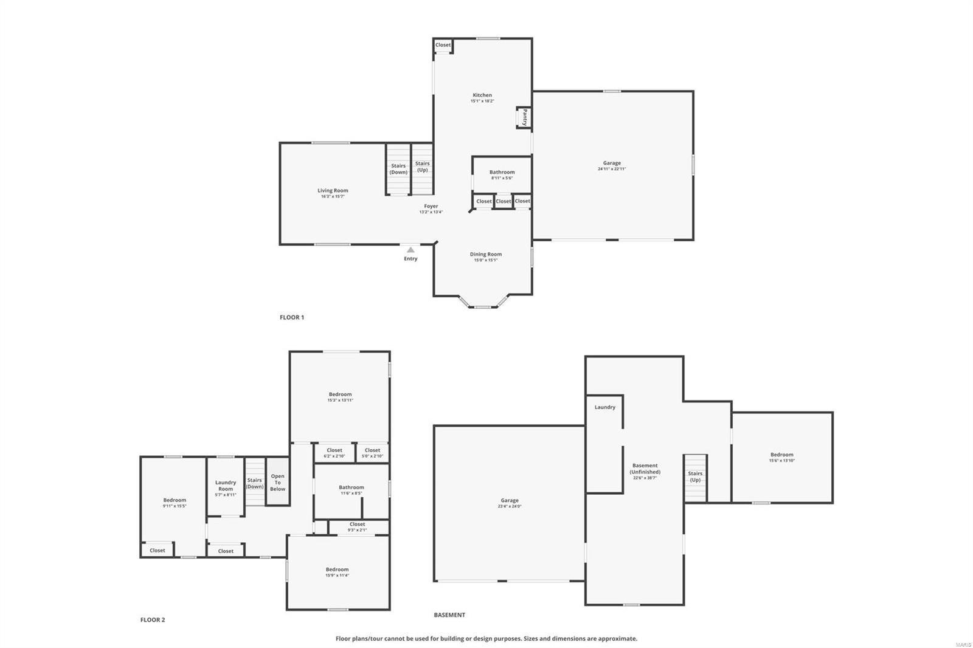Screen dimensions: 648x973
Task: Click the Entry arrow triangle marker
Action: (410, 250)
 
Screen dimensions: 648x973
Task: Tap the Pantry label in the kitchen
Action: (524, 117)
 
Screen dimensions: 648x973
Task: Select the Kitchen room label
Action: (482, 95)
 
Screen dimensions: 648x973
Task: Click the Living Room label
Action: (333, 190)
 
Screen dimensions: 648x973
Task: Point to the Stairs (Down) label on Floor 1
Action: (398, 169)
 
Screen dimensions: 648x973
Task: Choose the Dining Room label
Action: (486, 254)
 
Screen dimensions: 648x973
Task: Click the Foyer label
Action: (431, 206)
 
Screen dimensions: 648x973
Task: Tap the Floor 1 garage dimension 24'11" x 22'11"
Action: (612, 169)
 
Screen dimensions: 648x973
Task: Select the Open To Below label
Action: (277, 483)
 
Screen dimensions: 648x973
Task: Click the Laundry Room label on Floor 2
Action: (226, 486)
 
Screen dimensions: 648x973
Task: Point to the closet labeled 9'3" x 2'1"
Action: (358, 530)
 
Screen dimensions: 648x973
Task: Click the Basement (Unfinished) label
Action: (645, 469)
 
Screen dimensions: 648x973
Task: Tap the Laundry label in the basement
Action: (605, 407)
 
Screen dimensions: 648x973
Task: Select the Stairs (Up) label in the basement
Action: (695, 477)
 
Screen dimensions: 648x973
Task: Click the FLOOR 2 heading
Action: (153, 620)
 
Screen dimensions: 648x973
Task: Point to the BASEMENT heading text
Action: (449, 615)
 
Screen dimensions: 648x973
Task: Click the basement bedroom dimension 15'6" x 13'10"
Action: (781, 461)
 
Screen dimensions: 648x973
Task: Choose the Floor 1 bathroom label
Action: (502, 172)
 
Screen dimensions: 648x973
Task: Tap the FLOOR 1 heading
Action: (292, 317)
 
